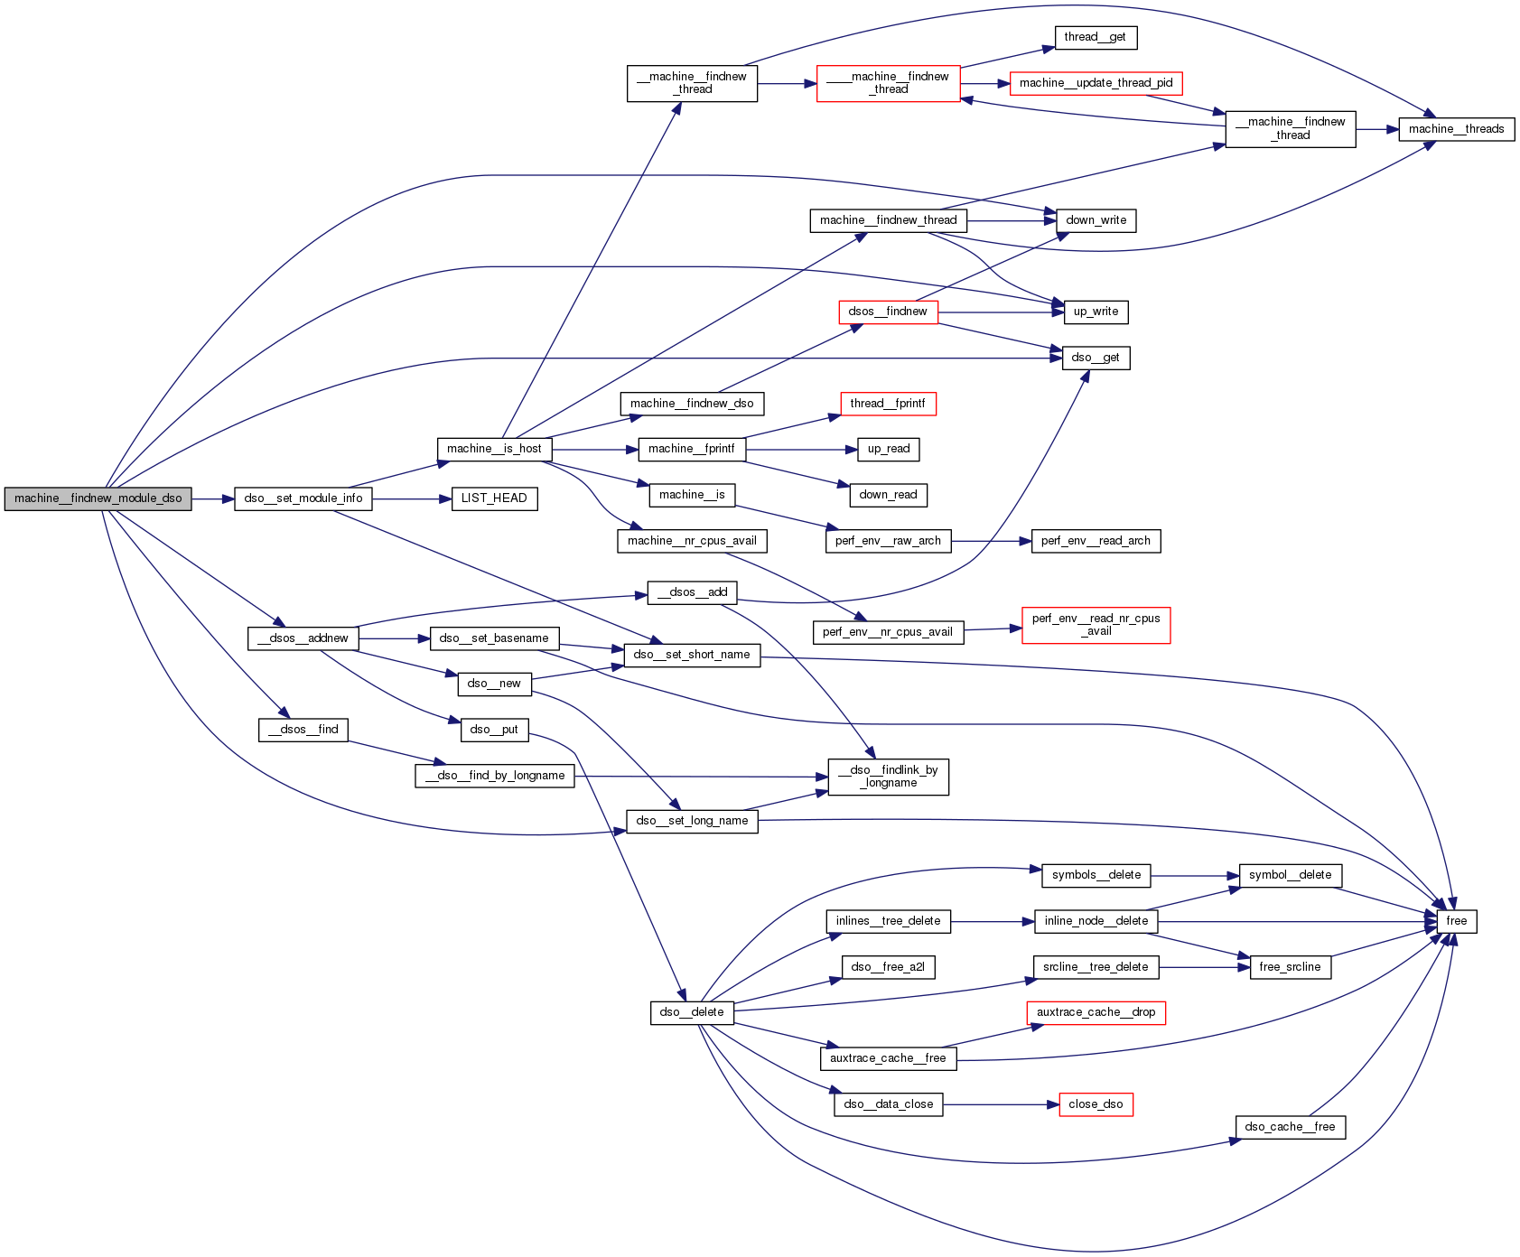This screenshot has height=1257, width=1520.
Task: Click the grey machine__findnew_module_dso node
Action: coord(98,498)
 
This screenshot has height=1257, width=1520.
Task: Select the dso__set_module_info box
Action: coord(303,498)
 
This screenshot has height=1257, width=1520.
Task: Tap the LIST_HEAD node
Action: coord(494,498)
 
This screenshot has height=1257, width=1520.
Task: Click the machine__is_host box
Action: coord(494,449)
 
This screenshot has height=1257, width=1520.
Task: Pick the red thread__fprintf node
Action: coord(888,404)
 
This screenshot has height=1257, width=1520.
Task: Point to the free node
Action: coord(1456,921)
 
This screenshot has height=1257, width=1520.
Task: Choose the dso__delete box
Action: coord(692,1012)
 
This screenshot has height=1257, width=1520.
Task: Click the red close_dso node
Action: coord(1096,1104)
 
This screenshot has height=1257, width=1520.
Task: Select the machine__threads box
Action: coord(1456,129)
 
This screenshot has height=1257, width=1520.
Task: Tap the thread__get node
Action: coord(1095,37)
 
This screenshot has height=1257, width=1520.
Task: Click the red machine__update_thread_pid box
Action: coord(1096,83)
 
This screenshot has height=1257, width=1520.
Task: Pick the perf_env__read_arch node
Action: coord(1096,541)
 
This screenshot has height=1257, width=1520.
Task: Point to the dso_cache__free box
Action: coord(1290,1127)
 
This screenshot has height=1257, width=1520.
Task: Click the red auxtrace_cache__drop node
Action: coord(1096,1012)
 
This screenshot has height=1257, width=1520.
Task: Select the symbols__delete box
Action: coord(1096,875)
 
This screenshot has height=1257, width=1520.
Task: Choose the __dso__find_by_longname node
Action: coord(495,776)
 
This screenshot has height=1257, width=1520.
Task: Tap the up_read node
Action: coord(889,449)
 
